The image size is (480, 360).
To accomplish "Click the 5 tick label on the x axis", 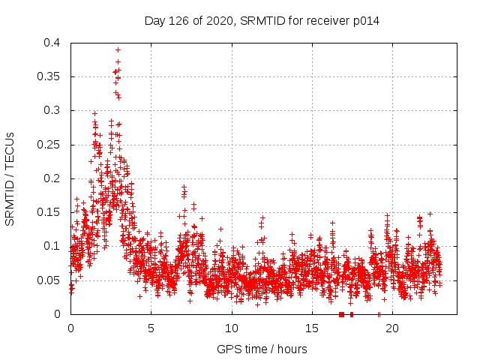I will click(151, 328).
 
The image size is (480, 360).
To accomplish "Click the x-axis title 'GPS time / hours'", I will click(262, 349).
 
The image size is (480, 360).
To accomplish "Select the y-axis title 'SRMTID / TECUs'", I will click(10, 178).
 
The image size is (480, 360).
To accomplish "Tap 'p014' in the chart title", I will click(367, 21).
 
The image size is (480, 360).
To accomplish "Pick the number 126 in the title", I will click(180, 21).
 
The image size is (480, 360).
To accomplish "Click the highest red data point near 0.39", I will click(118, 49).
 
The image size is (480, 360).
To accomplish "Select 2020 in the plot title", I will click(218, 21).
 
